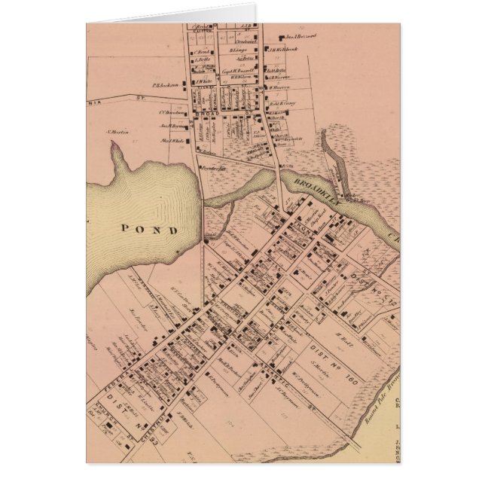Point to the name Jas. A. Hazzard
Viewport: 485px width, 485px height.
(x=300, y=35)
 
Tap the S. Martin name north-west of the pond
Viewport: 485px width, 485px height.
(x=118, y=132)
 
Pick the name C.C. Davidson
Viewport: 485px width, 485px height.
(x=172, y=113)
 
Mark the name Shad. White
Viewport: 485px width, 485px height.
(x=172, y=141)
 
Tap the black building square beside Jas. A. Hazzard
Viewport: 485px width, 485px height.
(x=279, y=36)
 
